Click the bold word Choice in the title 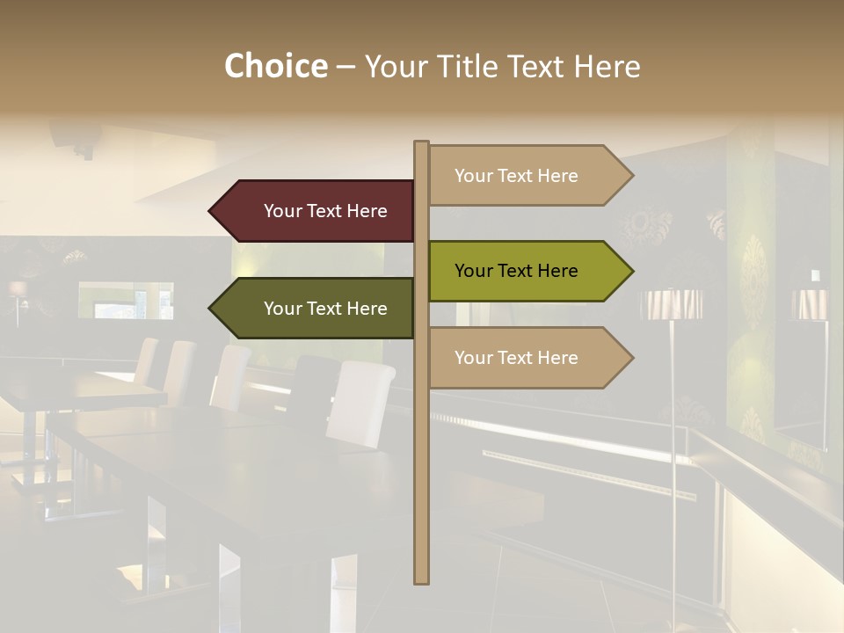click(x=275, y=67)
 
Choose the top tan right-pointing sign click(x=523, y=176)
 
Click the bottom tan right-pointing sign click(x=523, y=358)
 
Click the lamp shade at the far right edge click(x=809, y=304)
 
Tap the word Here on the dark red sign click(x=367, y=211)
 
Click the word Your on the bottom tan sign click(x=473, y=358)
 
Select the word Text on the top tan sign click(x=516, y=176)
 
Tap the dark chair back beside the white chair click(x=311, y=387)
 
